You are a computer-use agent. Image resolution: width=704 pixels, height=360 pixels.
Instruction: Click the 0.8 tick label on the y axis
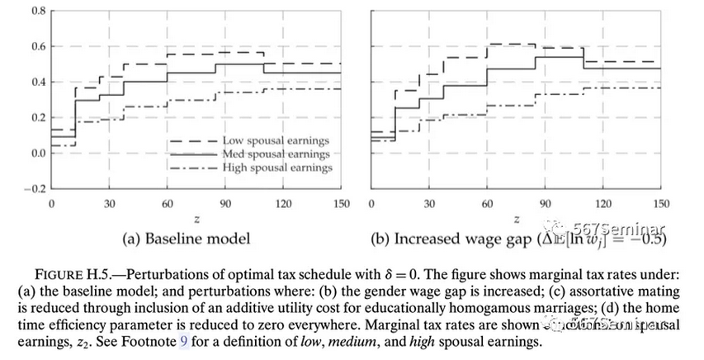click(x=38, y=11)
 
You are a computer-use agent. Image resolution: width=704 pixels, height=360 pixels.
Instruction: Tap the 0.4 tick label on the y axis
click(x=38, y=82)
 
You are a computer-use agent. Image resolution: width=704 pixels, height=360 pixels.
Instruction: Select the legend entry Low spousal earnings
click(x=276, y=140)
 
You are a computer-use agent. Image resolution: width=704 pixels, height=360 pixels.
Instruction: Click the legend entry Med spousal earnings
click(x=276, y=154)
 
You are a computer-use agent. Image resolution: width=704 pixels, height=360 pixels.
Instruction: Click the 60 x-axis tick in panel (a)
click(x=168, y=204)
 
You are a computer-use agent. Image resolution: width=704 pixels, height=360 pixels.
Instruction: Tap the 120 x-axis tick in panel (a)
click(x=283, y=204)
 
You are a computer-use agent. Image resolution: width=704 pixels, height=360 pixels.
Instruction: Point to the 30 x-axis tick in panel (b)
click(x=429, y=204)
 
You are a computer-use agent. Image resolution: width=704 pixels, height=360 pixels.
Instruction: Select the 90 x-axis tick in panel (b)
click(x=545, y=204)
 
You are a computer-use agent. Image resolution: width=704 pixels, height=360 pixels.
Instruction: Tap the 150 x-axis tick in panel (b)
click(x=660, y=204)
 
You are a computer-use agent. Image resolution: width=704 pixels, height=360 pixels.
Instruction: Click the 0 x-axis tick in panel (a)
click(x=51, y=204)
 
